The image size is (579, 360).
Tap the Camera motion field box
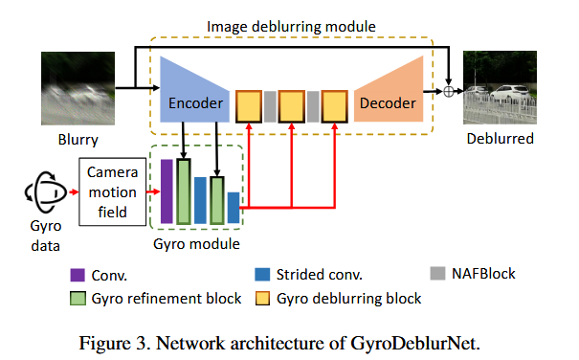113,191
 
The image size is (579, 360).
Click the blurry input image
78,88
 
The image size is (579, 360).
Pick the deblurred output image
500,87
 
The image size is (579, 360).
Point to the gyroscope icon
45,192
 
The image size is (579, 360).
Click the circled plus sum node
448,91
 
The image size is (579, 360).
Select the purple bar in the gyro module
167,191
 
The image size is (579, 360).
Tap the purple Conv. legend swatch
78,276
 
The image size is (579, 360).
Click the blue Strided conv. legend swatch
262,275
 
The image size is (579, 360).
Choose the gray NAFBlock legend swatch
437,274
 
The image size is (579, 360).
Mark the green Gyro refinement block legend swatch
78,299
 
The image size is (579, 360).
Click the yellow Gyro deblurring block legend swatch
262,299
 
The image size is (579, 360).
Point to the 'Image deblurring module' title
291,27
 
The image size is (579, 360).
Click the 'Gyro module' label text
196,244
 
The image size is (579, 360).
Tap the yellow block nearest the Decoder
335,106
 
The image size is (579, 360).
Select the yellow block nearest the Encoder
249,106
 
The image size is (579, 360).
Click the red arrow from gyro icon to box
74,191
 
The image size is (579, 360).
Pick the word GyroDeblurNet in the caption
415,343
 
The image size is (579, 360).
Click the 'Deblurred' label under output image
500,139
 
